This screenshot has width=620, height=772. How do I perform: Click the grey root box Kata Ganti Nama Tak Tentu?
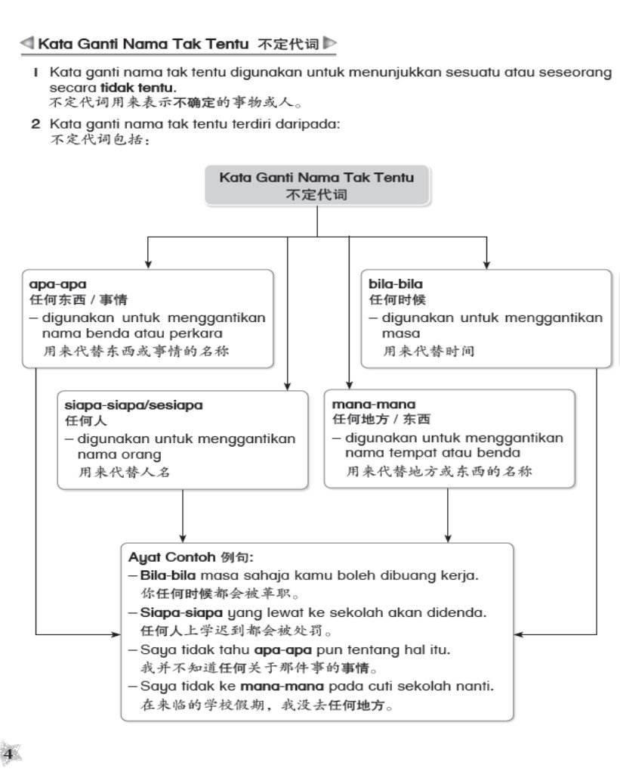tap(316, 185)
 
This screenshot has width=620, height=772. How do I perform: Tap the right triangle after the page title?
tap(330, 44)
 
